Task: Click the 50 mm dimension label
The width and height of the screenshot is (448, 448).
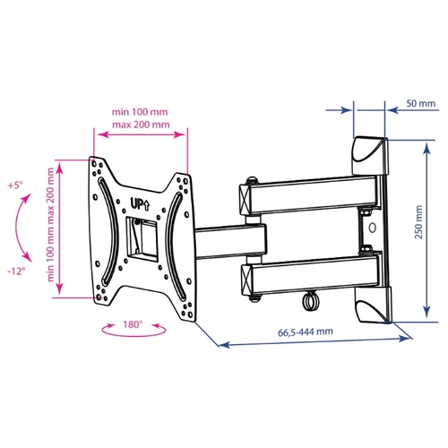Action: pyautogui.click(x=420, y=104)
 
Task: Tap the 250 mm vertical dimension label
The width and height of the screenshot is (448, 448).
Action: pyautogui.click(x=419, y=222)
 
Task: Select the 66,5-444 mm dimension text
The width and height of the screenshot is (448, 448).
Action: pyautogui.click(x=306, y=332)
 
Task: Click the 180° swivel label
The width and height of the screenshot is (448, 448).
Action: pyautogui.click(x=133, y=324)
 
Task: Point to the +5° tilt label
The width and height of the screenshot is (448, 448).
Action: pyautogui.click(x=15, y=185)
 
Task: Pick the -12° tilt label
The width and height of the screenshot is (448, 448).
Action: pyautogui.click(x=16, y=271)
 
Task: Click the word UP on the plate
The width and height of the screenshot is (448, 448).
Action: pyautogui.click(x=136, y=204)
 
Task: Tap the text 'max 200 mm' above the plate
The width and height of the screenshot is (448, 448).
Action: pyautogui.click(x=141, y=125)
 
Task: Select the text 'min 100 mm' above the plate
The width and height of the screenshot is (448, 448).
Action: pyautogui.click(x=140, y=112)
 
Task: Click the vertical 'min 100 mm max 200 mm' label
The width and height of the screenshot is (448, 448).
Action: pyautogui.click(x=51, y=225)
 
